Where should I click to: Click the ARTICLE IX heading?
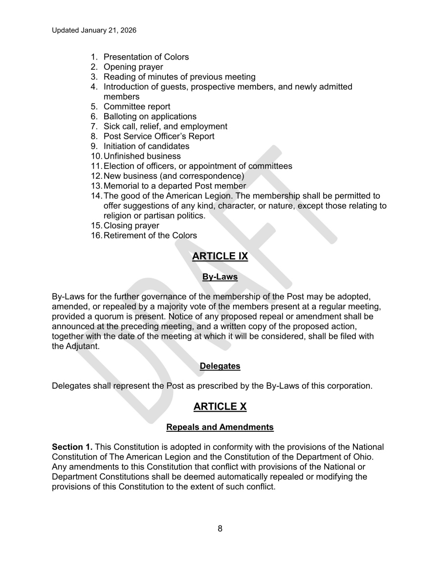(220, 256)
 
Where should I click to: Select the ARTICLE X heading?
(220, 406)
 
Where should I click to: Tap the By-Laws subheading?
(220, 277)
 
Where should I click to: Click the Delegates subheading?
(220, 365)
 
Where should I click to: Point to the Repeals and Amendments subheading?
(220, 427)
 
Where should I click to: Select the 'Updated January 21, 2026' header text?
(94, 30)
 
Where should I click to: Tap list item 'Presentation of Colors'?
(146, 57)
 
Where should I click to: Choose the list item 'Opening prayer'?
(133, 67)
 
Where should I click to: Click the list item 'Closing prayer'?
(131, 226)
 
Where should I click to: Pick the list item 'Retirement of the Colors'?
(150, 235)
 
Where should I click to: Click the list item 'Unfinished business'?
(142, 156)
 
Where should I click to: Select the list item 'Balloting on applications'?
(150, 116)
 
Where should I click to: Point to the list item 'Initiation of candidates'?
(146, 146)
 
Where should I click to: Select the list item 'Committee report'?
(137, 106)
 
